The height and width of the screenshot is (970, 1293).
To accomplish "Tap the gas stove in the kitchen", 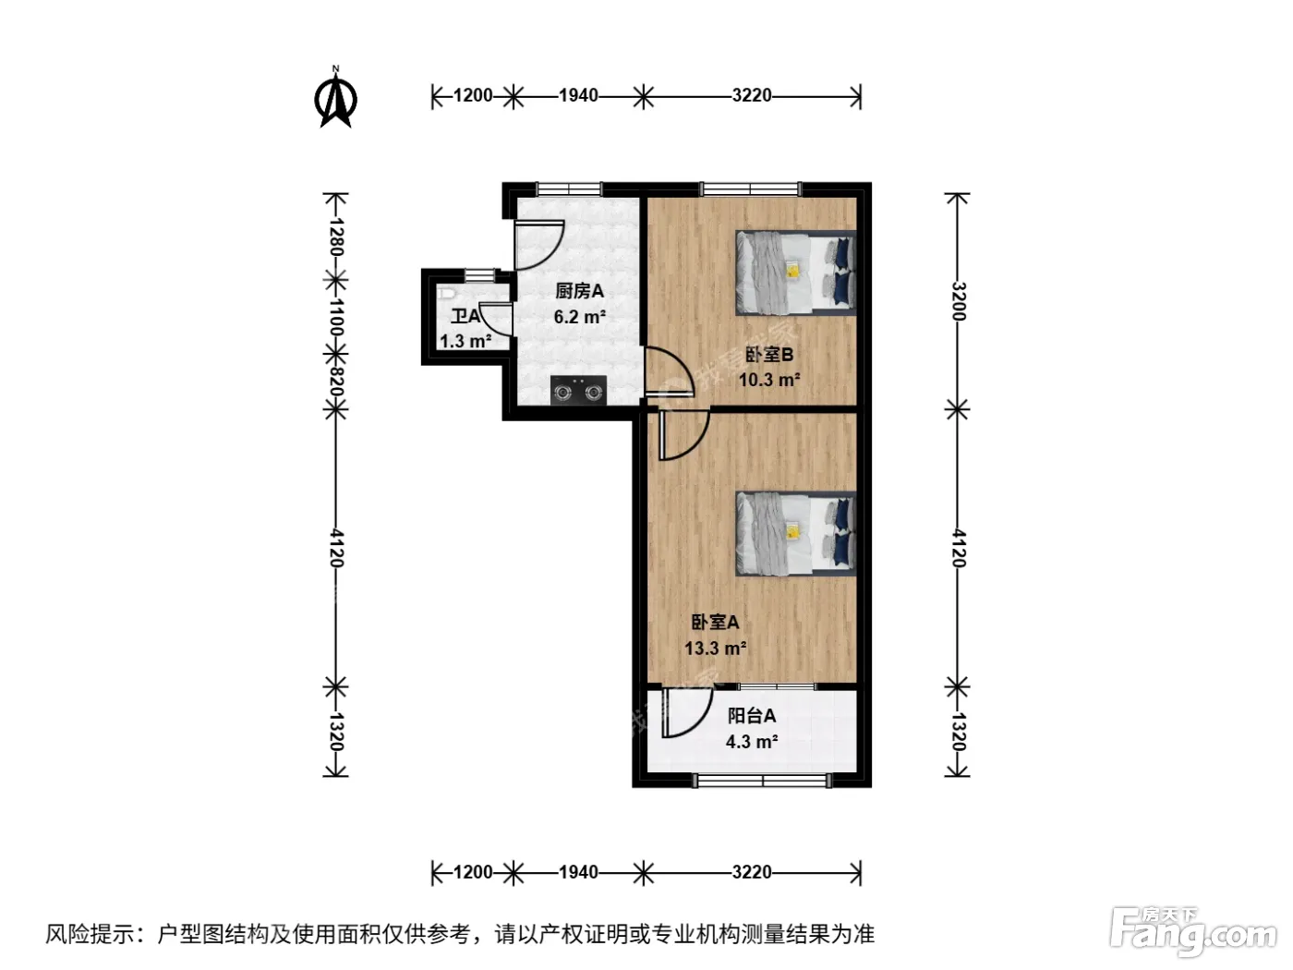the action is pos(578,391).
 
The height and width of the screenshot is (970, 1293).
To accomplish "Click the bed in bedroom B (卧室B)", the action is pos(796,273).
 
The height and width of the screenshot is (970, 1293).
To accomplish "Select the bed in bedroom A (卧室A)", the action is pos(796,534).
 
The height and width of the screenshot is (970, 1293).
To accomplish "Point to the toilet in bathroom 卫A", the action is pos(446,293).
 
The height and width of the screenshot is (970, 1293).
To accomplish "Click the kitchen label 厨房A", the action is pos(580,291).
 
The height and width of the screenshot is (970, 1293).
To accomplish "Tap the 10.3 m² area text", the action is pos(769,380).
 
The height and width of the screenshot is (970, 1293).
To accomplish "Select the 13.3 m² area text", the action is pos(716,649).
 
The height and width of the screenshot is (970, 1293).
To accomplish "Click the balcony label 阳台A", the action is pos(752,716).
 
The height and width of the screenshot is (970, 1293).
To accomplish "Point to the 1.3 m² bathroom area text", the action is pos(465,341).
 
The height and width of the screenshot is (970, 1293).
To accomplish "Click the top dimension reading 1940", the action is pos(578,95).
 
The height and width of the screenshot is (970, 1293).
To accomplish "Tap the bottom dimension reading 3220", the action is pos(752,872).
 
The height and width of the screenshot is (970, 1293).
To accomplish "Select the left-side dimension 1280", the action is pos(336,236).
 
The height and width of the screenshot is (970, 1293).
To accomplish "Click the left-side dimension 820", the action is pos(336,381).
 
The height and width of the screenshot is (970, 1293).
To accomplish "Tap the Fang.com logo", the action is pos(1192,930).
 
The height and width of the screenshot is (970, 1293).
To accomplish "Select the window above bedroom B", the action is pos(751,189).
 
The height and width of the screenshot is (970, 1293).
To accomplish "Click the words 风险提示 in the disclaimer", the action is pos(91,933).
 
